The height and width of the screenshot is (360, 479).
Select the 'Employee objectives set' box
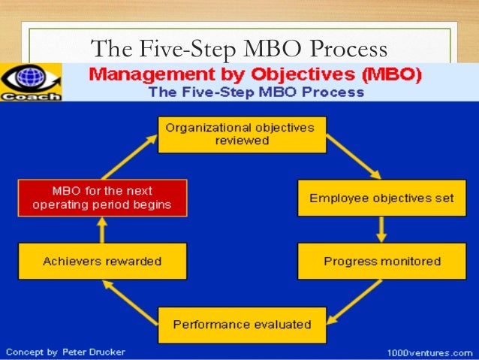coord(382,198)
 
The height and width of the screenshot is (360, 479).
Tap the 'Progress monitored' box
coord(382,262)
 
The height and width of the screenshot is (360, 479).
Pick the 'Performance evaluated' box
coord(242,325)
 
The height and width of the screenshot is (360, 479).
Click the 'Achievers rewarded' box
coord(102,262)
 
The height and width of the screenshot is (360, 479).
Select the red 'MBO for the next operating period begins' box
coord(102,198)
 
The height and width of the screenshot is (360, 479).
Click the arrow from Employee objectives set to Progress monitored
coord(381,230)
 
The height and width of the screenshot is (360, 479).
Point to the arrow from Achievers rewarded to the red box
coord(102,230)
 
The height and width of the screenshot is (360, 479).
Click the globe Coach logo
coord(31,78)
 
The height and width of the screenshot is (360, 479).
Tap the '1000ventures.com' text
coord(430,352)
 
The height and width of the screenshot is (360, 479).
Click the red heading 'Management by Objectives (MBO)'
coord(256,75)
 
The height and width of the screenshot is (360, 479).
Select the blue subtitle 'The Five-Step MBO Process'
coord(256,93)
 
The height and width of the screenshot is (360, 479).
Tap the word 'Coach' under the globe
coord(31,95)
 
